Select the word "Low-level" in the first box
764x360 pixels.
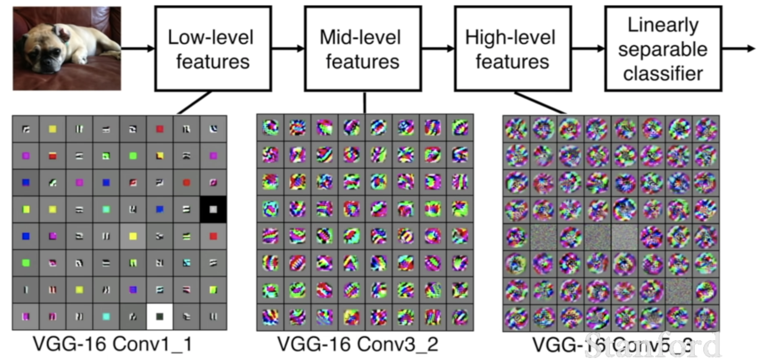click(211, 37)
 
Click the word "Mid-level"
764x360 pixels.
click(360, 37)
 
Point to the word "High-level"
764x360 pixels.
click(510, 37)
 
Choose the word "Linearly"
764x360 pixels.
click(663, 25)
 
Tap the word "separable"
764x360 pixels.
click(663, 49)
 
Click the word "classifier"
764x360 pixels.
click(663, 73)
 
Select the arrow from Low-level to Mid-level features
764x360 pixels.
click(288, 49)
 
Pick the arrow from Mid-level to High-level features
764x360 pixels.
click(438, 49)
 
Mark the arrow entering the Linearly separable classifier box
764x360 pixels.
click(588, 49)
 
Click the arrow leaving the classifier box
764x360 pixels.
click(739, 49)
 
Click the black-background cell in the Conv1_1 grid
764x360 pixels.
click(213, 209)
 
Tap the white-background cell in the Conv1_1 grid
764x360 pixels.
click(160, 316)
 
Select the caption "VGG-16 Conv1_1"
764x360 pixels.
click(113, 344)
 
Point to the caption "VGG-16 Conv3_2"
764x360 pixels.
click(358, 344)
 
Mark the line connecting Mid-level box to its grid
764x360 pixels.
click(364, 102)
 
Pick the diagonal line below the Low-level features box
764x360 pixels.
click(194, 103)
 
